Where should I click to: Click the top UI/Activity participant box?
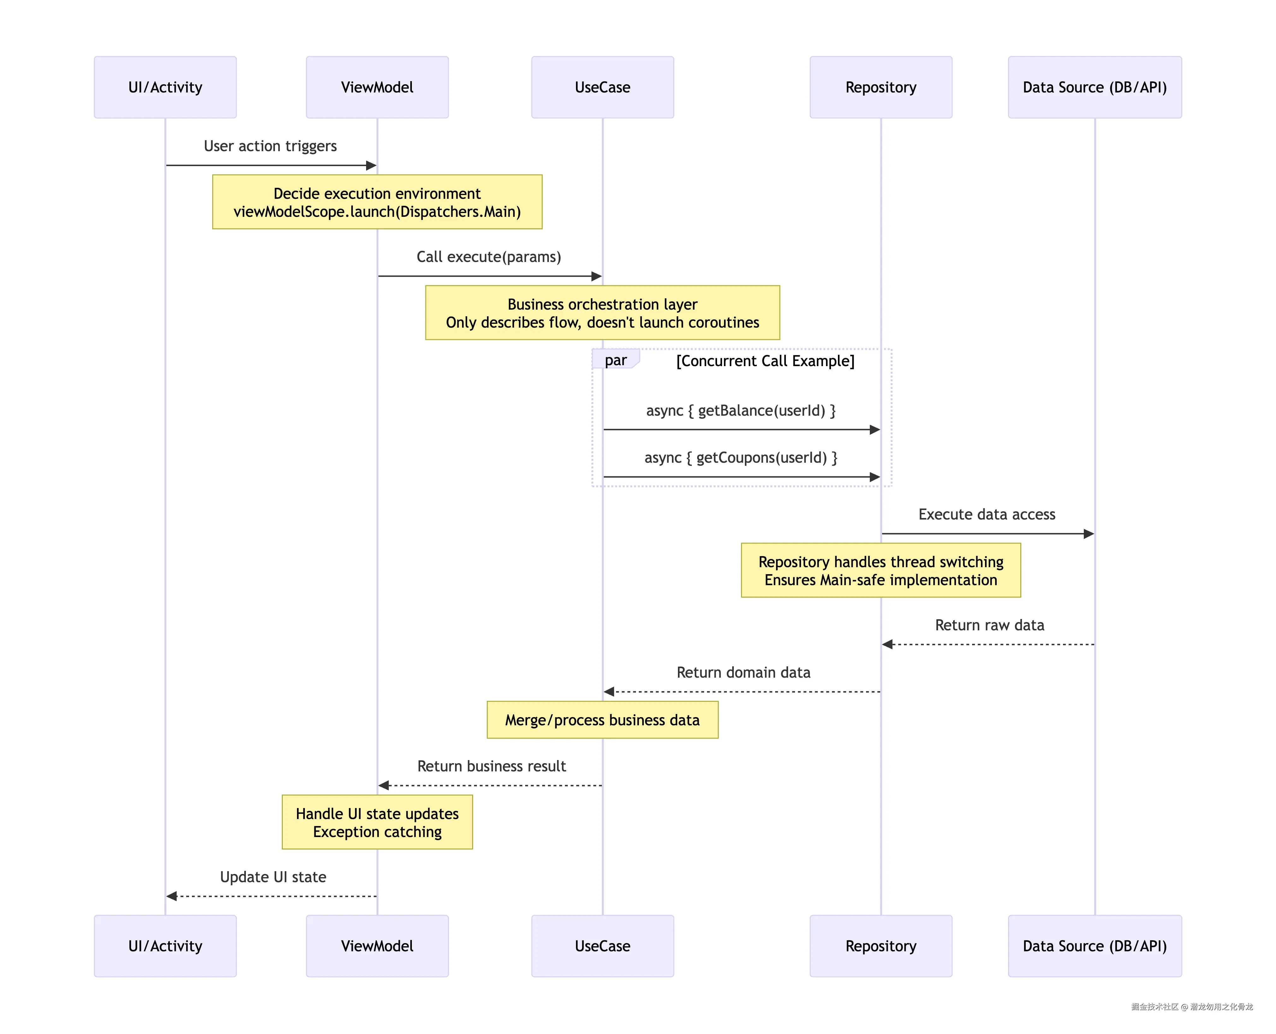165,87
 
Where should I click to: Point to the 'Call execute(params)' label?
488,257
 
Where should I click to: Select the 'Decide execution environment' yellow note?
377,202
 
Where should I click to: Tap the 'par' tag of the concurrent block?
615,360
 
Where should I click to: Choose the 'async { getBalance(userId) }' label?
741,410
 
